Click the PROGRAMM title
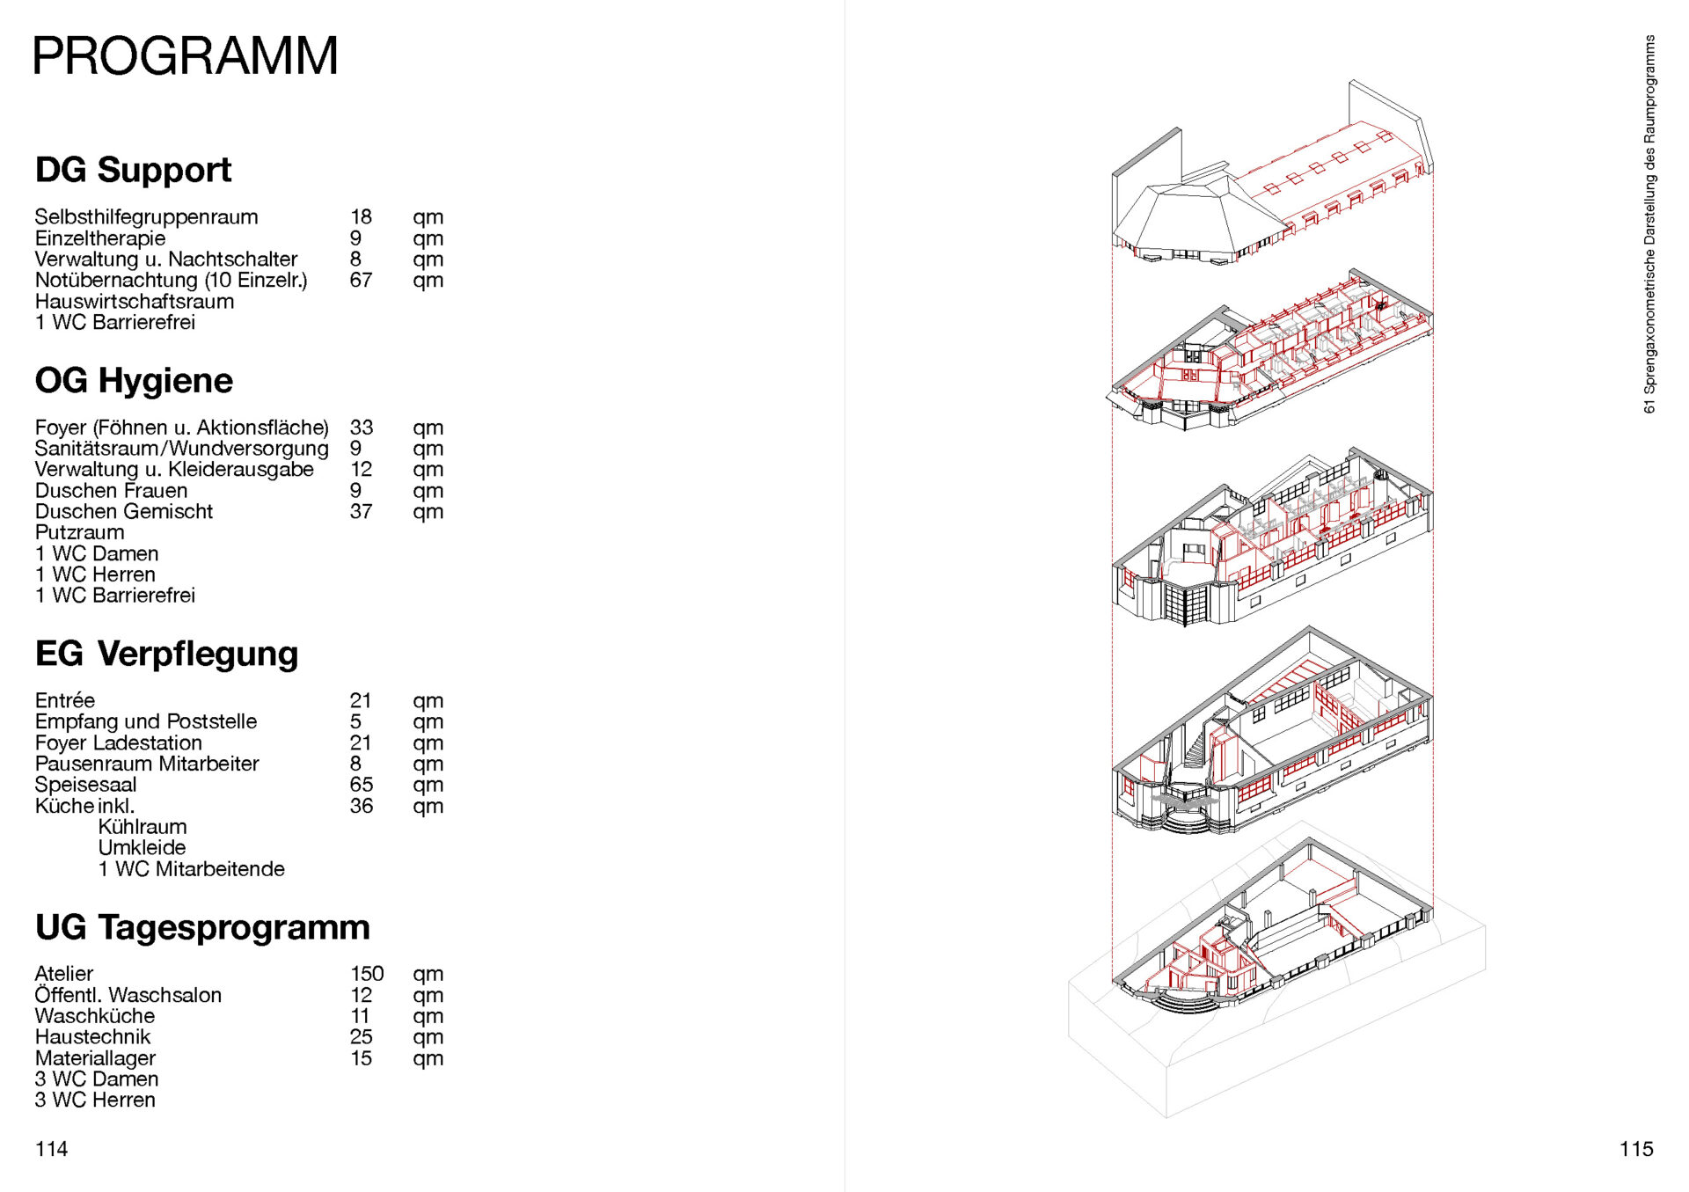186,56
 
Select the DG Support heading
133,170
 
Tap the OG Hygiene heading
134,381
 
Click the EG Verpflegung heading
167,654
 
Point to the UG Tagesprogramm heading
202,927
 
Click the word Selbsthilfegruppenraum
147,217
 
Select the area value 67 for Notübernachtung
361,280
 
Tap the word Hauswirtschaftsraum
135,301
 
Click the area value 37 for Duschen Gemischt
361,511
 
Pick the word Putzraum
80,532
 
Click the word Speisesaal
86,785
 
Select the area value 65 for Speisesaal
362,785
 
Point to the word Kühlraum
143,827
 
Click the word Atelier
64,974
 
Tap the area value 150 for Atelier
367,974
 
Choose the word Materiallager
95,1058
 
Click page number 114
51,1149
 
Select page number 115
1636,1149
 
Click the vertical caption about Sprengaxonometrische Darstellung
1649,224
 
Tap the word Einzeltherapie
100,238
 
